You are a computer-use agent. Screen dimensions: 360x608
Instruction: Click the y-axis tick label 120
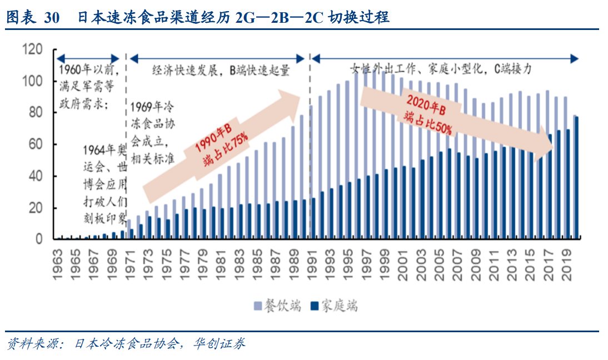33,50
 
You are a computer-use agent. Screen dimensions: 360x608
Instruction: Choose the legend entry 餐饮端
278,306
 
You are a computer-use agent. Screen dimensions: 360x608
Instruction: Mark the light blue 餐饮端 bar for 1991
311,172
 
